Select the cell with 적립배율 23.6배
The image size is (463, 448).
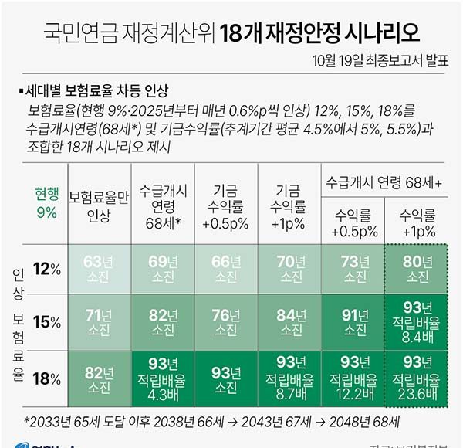tap(417, 378)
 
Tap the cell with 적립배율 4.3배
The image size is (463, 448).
tap(161, 378)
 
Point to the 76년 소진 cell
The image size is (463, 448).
tap(225, 321)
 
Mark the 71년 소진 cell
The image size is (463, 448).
tap(98, 321)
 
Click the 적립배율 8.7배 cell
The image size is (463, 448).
tap(289, 378)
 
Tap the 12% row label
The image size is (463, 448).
tap(47, 267)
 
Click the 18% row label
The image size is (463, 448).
tap(47, 378)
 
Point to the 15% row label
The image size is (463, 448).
tap(47, 321)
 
